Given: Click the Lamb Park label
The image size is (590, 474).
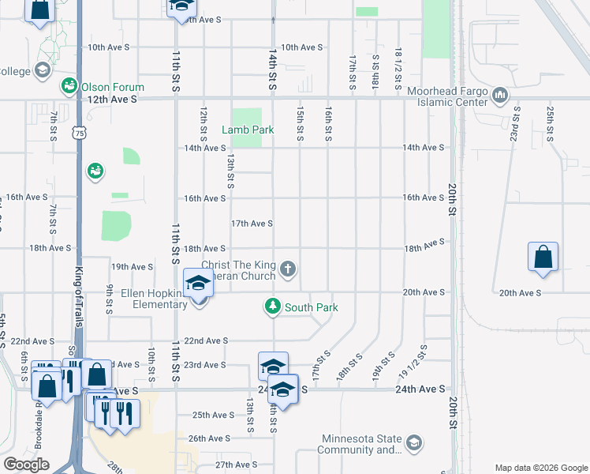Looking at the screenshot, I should tap(241, 130).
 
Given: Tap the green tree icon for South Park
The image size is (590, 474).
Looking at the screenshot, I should tap(273, 307).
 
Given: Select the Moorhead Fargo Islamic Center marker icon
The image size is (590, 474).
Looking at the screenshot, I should tap(499, 96).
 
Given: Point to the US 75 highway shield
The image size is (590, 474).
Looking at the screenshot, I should tap(78, 134).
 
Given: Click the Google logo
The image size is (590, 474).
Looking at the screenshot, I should tap(27, 465).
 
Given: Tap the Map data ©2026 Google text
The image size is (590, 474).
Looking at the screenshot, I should tap(541, 468).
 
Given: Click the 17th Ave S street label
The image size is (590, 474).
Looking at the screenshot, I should tap(252, 224).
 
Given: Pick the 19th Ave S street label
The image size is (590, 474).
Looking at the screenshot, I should tap(132, 267).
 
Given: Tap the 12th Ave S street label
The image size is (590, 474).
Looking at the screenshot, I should tap(112, 100).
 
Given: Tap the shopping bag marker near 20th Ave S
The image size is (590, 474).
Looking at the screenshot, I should tap(543, 257).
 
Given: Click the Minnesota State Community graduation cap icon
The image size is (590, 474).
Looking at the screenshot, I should tap(414, 443).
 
